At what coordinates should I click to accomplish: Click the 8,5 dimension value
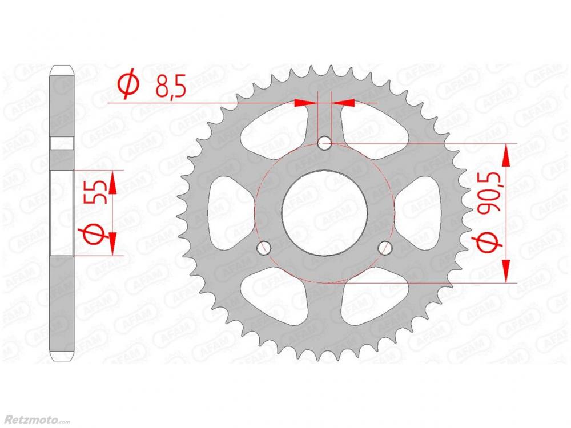click(171, 87)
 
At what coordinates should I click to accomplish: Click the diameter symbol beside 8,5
click(128, 84)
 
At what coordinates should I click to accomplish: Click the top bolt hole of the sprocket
click(324, 143)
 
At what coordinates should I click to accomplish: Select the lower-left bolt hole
click(264, 248)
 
